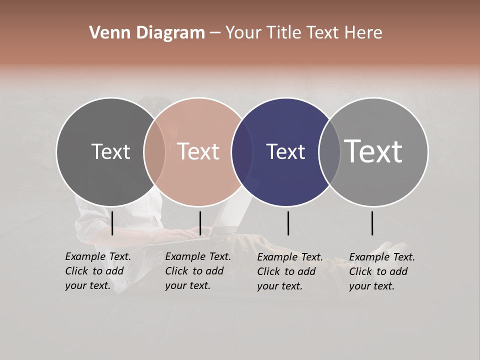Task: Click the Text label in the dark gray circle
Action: (x=110, y=151)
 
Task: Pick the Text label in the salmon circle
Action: (x=198, y=151)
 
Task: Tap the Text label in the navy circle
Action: (x=285, y=151)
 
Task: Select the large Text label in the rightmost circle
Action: (x=373, y=151)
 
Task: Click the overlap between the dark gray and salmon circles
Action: (x=154, y=152)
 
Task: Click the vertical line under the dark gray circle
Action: (x=112, y=223)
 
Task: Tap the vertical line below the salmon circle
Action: (x=200, y=223)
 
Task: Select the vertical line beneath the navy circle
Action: (x=288, y=223)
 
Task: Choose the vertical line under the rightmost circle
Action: (x=372, y=223)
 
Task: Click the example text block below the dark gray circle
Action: (x=98, y=271)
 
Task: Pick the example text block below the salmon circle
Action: (x=198, y=271)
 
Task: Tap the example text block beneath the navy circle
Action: (x=290, y=271)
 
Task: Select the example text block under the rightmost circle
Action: (x=382, y=271)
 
